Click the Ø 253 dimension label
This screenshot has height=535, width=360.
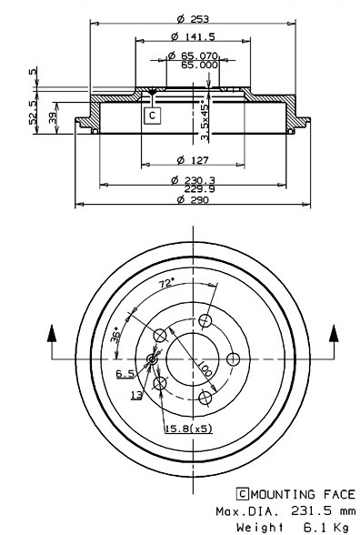tap(193, 19)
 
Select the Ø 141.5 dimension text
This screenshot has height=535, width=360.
tap(193, 36)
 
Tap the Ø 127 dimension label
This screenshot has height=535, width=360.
tap(193, 160)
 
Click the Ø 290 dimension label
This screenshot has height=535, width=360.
tap(193, 199)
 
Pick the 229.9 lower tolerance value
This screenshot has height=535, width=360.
tap(200, 189)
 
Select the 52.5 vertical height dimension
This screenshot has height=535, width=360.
tap(34, 112)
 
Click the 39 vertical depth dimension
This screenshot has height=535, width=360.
tap(53, 118)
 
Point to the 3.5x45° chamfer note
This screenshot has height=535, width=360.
tap(205, 120)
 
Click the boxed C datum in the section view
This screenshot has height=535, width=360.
tap(152, 116)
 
